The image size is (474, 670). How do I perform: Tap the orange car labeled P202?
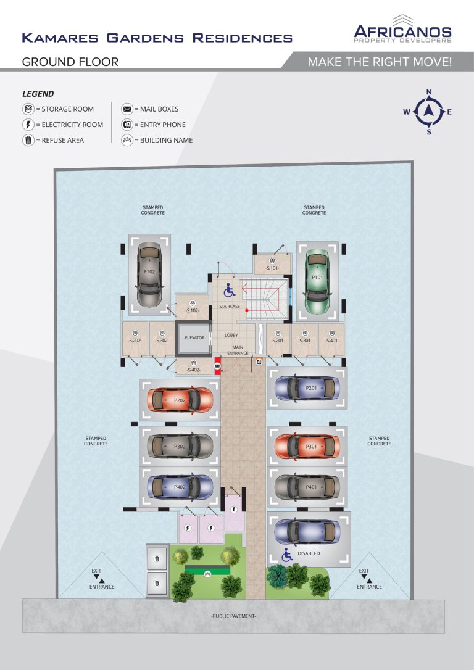coord(180,400)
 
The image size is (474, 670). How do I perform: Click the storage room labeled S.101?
coord(272,263)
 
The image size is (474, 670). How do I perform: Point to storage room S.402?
coord(194,366)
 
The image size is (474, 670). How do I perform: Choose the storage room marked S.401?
coord(331,340)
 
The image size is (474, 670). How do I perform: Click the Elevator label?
coord(194,337)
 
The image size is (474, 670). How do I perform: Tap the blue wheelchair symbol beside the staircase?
coord(229,290)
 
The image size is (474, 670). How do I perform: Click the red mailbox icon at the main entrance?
coord(217,366)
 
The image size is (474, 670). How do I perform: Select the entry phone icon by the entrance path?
coord(259,362)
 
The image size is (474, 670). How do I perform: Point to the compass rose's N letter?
coord(429,92)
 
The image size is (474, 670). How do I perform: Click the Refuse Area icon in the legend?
coord(28,140)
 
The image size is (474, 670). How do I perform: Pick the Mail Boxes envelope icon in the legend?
coord(127,109)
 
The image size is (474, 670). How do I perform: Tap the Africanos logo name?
coord(402,32)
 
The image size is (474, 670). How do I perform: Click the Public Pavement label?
coord(233,616)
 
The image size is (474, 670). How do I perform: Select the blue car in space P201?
coord(307,388)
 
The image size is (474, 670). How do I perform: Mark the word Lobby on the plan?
coord(231,335)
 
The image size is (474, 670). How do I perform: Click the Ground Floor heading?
coord(70,62)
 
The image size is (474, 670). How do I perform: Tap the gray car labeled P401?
coord(307,487)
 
